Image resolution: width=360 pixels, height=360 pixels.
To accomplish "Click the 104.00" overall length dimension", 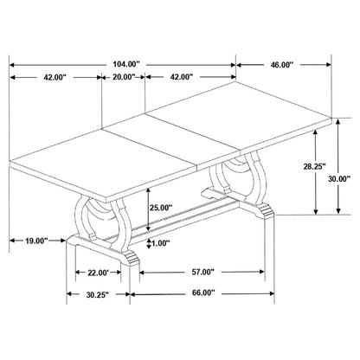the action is (126, 64).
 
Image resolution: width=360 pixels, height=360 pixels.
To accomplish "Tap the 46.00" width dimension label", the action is (281, 65).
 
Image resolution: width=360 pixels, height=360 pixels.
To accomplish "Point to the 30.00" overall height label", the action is (339, 179).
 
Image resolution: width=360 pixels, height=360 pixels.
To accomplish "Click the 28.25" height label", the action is (314, 166).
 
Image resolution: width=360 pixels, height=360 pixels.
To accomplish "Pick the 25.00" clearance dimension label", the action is (161, 207).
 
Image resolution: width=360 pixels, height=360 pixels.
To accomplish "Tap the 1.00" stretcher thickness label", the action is (160, 243).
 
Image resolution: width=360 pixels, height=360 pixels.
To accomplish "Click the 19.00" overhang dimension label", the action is (36, 241).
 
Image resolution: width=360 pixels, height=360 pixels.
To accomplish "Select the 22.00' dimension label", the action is (98, 273).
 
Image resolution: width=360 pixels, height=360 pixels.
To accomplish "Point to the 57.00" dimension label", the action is (202, 272).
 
